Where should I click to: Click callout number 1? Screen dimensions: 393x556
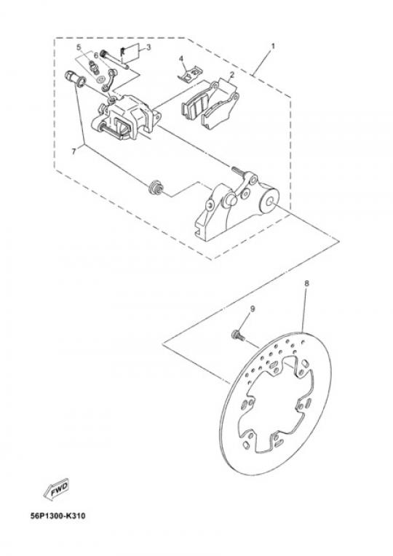273,47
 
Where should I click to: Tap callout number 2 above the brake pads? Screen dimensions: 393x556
231,75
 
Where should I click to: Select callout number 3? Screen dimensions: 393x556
148,47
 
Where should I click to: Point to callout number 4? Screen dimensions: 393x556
181,58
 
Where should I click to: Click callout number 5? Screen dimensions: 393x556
79,47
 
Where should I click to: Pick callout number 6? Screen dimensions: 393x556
96,55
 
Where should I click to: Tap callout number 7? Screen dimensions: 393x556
74,151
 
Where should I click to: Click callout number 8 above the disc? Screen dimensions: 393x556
306,283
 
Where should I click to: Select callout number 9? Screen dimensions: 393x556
253,309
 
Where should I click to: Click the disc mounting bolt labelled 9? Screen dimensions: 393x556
238,335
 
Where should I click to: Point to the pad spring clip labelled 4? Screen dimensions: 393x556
190,74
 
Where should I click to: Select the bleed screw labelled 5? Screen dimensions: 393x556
93,65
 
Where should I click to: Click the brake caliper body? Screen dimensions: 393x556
125,116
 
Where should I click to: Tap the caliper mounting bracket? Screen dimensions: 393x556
236,205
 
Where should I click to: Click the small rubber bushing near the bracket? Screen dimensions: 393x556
156,188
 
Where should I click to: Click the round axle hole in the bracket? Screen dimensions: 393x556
269,202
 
